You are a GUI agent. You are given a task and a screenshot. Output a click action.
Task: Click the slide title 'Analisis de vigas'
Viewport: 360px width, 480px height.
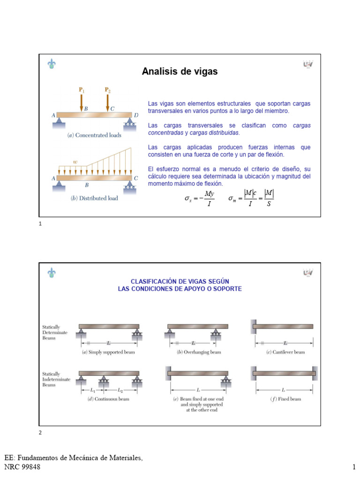click(180, 72)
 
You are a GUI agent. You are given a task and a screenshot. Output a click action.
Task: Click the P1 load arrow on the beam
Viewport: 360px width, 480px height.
click(82, 100)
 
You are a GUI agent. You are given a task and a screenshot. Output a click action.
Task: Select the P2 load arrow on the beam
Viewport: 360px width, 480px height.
click(108, 100)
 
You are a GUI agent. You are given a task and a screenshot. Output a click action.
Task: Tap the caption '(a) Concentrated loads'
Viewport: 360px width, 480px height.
click(95, 135)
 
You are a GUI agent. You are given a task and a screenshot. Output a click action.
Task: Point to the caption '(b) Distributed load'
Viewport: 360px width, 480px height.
click(94, 198)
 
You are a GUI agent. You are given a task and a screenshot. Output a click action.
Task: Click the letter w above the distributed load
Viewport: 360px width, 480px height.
click(75, 162)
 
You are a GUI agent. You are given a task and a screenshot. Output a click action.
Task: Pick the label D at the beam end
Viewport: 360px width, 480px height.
click(136, 115)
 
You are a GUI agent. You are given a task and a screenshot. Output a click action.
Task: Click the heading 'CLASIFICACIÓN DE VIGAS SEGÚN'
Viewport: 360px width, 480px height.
click(180, 281)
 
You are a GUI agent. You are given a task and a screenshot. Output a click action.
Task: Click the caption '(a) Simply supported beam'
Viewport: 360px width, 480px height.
click(109, 352)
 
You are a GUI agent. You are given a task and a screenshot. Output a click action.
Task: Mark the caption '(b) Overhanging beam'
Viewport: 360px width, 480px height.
click(199, 352)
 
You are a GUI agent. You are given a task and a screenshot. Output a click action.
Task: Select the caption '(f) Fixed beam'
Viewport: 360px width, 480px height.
click(285, 399)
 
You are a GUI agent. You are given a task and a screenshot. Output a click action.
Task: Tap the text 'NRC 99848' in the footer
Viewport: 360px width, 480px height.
click(22, 467)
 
